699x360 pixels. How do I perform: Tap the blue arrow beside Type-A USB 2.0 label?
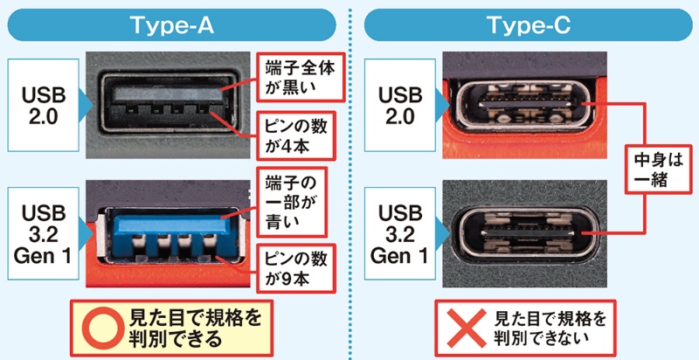coord(84,104)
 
